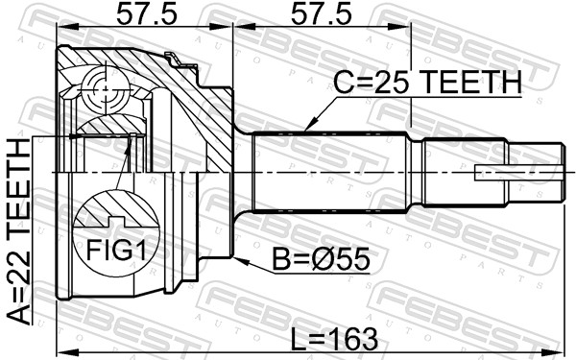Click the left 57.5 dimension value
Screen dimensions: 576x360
click(x=147, y=15)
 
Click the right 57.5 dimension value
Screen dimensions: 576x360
click(x=322, y=15)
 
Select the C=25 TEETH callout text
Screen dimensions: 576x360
click(x=427, y=83)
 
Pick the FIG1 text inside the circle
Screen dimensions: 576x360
click(x=116, y=250)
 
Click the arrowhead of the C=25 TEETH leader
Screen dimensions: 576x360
click(x=308, y=125)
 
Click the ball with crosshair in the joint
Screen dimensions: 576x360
click(x=106, y=88)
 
